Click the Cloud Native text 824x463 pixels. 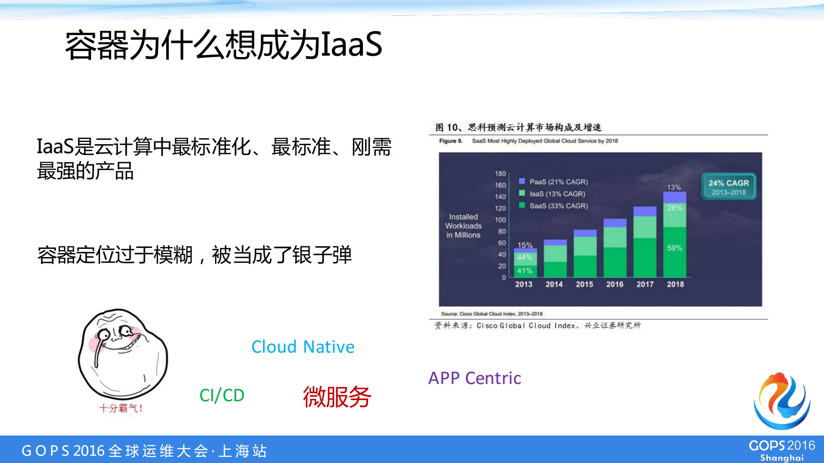point(303,347)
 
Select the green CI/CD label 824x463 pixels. point(222,395)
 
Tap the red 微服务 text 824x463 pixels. point(337,397)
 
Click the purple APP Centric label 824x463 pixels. point(474,378)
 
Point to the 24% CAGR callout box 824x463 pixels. point(728,187)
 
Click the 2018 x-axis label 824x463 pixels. point(675,284)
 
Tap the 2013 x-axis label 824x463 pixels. point(523,284)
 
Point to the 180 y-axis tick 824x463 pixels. point(500,174)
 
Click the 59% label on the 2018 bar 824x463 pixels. point(675,248)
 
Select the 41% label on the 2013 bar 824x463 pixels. point(525,271)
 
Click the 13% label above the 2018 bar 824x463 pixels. point(674,188)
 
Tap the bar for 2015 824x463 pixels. point(585,254)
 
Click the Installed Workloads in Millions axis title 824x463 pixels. point(463,226)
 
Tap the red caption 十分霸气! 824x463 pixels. point(121,408)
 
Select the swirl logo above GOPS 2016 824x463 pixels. point(782,401)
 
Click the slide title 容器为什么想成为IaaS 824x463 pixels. point(223,45)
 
